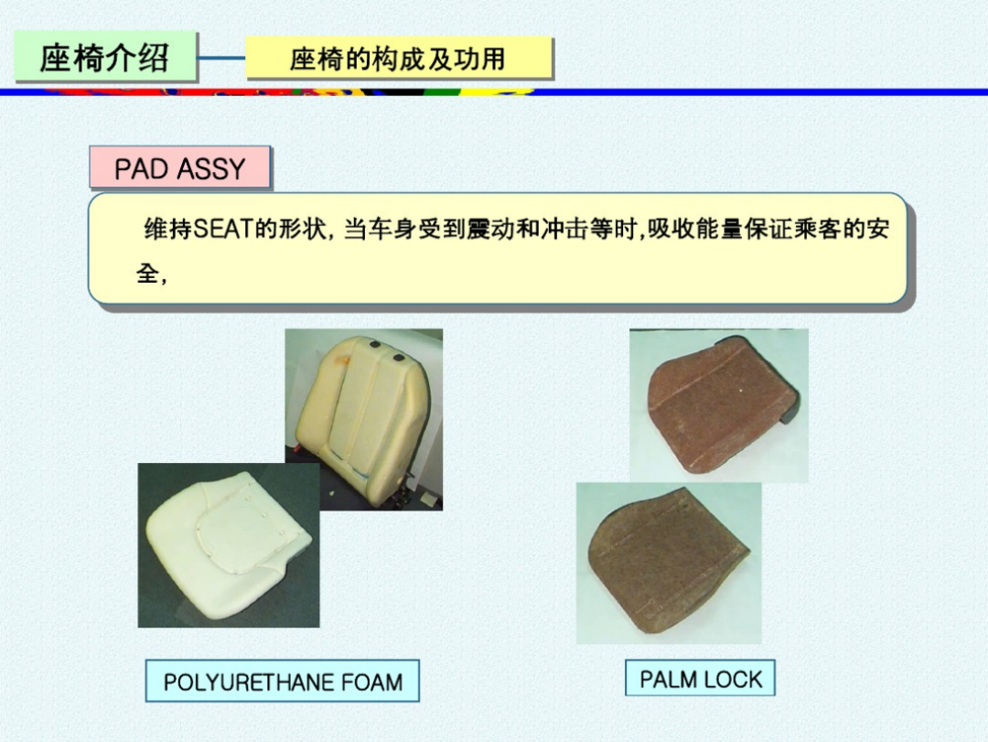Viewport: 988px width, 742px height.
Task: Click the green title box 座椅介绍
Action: (x=105, y=57)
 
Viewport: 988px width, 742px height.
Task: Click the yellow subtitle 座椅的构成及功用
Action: (x=398, y=59)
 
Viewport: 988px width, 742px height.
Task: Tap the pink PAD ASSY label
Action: (x=180, y=167)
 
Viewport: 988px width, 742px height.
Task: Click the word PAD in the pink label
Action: (x=141, y=169)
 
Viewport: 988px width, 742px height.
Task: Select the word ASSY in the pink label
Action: (x=211, y=169)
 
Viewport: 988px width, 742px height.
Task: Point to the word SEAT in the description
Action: (x=223, y=229)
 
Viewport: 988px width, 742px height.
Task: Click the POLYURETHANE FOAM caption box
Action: (x=283, y=681)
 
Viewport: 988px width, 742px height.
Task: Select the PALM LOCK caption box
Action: (x=700, y=678)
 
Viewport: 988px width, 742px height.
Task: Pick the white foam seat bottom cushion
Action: (x=227, y=545)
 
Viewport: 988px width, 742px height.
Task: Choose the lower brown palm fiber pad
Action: (x=668, y=561)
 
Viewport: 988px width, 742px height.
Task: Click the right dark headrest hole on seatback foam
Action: (x=398, y=358)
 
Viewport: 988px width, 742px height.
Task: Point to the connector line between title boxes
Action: (x=221, y=58)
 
